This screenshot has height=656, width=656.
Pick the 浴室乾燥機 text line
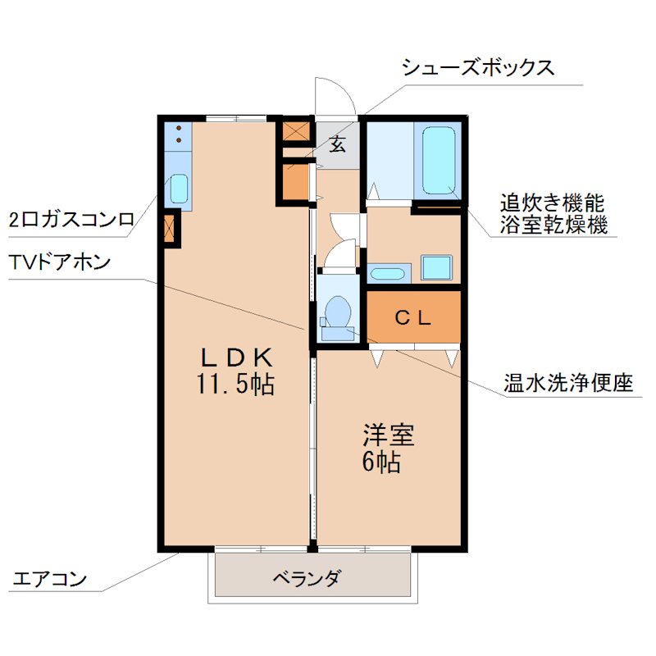[553, 225]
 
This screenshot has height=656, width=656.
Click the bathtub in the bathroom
[439, 160]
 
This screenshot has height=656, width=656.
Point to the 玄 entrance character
[338, 146]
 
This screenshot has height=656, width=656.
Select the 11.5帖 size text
[235, 384]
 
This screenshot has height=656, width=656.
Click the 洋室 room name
[389, 435]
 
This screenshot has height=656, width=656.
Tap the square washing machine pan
[436, 268]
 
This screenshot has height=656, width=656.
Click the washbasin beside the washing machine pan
[388, 272]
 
